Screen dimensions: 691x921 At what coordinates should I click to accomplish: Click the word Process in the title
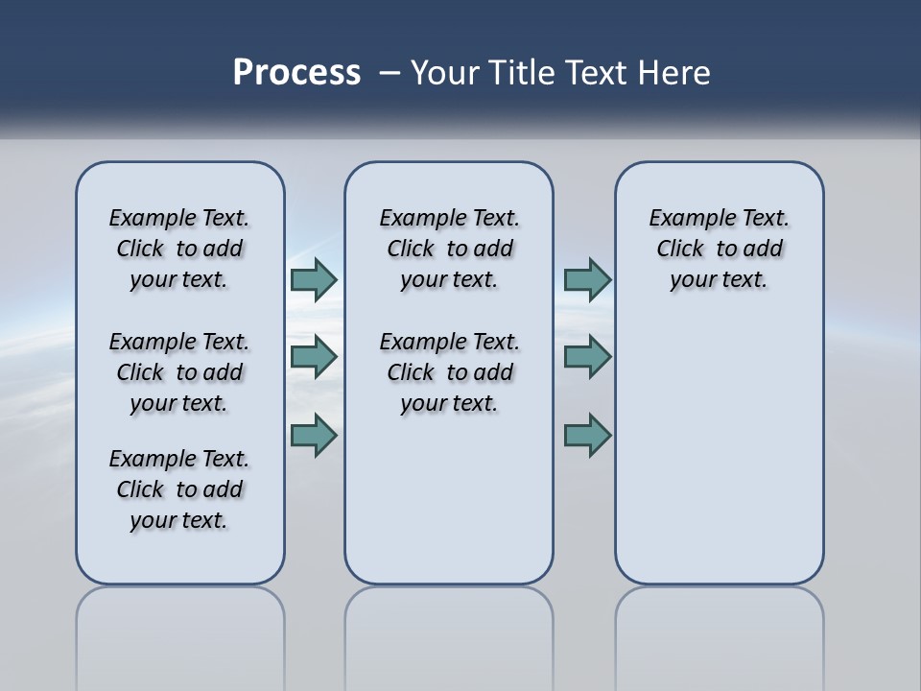pyautogui.click(x=296, y=73)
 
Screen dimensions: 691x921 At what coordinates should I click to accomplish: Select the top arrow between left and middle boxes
pyautogui.click(x=314, y=279)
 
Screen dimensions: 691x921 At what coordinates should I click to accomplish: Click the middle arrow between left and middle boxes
pyautogui.click(x=314, y=357)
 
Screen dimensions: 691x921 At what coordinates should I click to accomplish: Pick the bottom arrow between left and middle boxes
pyautogui.click(x=314, y=435)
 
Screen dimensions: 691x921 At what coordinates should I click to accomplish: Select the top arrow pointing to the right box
pyautogui.click(x=587, y=279)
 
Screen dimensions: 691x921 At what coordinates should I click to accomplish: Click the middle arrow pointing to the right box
pyautogui.click(x=587, y=357)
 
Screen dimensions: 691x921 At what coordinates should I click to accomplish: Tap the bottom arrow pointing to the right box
pyautogui.click(x=587, y=435)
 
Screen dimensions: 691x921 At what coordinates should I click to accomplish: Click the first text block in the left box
pyautogui.click(x=179, y=249)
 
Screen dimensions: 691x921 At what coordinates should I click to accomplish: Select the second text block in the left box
pyautogui.click(x=179, y=372)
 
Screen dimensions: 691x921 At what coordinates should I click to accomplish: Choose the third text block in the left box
pyautogui.click(x=179, y=489)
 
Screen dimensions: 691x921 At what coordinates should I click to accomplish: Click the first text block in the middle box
pyautogui.click(x=449, y=249)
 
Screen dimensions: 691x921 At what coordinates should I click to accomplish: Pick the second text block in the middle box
pyautogui.click(x=449, y=372)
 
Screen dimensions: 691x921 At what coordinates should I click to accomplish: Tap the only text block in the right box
pyautogui.click(x=719, y=249)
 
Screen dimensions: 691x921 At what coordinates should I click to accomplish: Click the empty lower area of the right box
pyautogui.click(x=719, y=451)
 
